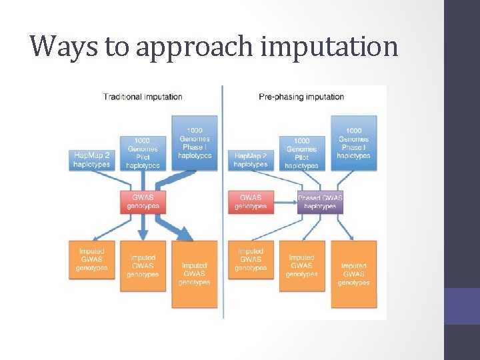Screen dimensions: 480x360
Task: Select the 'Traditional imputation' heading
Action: click(x=143, y=97)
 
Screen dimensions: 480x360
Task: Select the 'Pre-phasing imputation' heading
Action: click(x=301, y=97)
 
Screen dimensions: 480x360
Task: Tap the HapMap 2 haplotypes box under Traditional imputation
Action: click(x=92, y=160)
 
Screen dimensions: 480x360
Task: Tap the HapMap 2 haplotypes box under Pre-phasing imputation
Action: click(x=251, y=160)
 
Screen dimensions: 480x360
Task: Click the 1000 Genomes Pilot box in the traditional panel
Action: click(x=143, y=153)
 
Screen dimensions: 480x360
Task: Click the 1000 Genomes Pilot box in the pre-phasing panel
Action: click(x=301, y=153)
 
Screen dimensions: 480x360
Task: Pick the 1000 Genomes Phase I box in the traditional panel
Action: click(x=195, y=143)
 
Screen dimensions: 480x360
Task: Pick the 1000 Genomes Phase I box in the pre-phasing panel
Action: click(x=353, y=143)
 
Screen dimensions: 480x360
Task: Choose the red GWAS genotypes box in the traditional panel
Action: click(x=143, y=201)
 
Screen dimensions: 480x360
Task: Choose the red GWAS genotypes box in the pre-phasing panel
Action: click(x=251, y=201)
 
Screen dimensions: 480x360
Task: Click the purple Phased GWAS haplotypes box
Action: click(x=320, y=201)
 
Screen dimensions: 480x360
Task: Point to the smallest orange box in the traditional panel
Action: click(x=92, y=259)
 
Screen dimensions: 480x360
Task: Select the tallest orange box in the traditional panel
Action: click(x=195, y=274)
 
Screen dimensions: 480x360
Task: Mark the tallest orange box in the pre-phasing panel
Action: click(x=353, y=274)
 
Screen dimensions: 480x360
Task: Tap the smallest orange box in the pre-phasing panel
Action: click(x=251, y=259)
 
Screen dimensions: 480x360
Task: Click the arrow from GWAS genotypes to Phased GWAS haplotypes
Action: click(x=285, y=201)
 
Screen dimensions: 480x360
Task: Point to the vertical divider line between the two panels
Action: click(x=223, y=200)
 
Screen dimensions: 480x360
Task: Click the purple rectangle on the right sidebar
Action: click(x=462, y=306)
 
